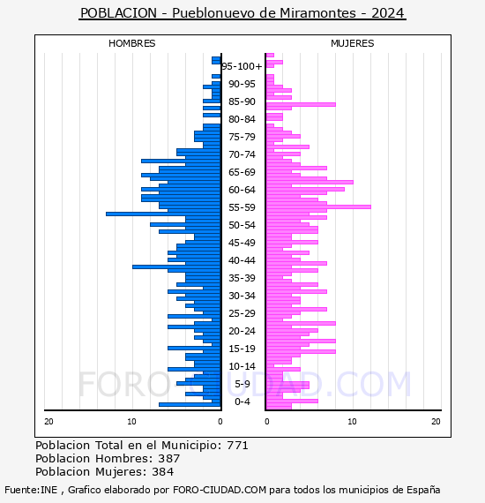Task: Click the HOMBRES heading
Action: click(131, 43)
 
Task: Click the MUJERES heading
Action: click(353, 43)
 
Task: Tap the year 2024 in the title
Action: click(387, 13)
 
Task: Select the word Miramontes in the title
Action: click(317, 13)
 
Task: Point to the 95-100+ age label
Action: click(242, 66)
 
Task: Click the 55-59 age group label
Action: click(242, 207)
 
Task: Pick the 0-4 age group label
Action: click(242, 402)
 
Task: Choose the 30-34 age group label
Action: click(242, 296)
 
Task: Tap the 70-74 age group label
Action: click(242, 154)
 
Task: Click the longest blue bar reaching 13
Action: click(163, 214)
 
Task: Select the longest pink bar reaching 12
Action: click(318, 206)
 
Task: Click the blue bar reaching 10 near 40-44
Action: click(176, 267)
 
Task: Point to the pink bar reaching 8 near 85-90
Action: click(301, 105)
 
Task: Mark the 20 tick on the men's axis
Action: click(48, 422)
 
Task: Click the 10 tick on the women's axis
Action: click(352, 422)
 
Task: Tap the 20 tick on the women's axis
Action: click(436, 422)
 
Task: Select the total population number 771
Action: click(237, 446)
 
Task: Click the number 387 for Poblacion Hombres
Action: click(169, 459)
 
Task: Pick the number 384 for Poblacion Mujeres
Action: click(163, 472)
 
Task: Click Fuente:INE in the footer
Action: click(31, 490)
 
